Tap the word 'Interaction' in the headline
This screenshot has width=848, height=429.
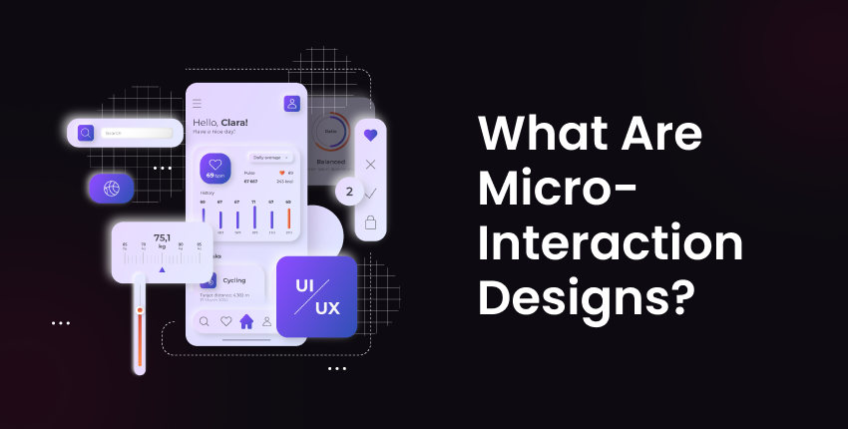[611, 244]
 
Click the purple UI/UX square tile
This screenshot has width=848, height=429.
[316, 295]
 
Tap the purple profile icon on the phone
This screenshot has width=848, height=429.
[291, 103]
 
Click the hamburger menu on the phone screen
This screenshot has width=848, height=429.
[198, 103]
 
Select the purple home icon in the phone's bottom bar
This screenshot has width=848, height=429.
[246, 321]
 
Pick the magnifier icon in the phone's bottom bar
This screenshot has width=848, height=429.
[205, 321]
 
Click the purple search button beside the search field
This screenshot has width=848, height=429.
[86, 132]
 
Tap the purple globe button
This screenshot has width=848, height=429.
[111, 187]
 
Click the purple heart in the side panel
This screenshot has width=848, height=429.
[370, 135]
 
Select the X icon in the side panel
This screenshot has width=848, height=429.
[370, 164]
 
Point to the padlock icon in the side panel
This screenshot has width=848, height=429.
[370, 221]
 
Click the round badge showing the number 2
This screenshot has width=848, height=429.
[349, 192]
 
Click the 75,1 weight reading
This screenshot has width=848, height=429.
[163, 237]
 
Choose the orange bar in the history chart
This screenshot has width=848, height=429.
[289, 217]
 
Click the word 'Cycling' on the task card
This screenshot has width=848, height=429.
[234, 280]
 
